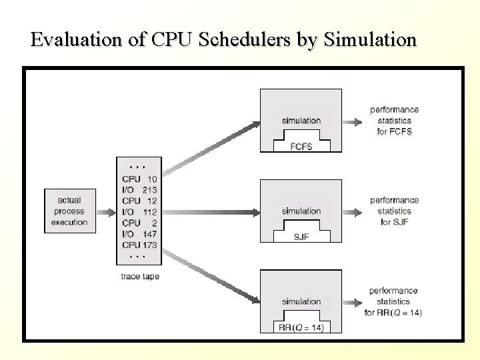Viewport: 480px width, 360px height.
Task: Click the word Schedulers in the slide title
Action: click(242, 39)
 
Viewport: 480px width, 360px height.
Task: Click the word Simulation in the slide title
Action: click(370, 39)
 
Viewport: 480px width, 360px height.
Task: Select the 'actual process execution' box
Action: click(69, 211)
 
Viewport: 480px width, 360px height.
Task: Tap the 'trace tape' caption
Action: click(140, 276)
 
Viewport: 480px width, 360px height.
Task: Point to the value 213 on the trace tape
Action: click(149, 189)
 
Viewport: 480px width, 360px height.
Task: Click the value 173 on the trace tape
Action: click(149, 245)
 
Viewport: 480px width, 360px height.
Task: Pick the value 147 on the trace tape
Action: click(149, 233)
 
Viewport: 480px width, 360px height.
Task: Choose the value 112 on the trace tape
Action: click(149, 211)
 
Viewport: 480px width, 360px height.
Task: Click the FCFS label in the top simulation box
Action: click(301, 146)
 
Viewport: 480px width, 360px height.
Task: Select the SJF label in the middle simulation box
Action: click(301, 237)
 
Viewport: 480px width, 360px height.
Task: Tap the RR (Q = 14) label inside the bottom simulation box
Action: click(301, 327)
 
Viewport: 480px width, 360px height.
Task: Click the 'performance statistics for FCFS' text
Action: click(395, 121)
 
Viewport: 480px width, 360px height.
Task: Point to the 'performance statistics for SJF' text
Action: click(395, 211)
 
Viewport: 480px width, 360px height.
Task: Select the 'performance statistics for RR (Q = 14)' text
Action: click(394, 301)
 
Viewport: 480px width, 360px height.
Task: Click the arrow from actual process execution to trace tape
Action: click(105, 211)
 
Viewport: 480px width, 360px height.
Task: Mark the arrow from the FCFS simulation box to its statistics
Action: click(353, 121)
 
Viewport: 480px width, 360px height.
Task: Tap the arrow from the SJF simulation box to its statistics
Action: click(353, 211)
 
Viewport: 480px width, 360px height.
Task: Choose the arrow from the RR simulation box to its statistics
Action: click(353, 301)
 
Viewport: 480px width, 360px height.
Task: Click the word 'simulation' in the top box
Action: click(301, 121)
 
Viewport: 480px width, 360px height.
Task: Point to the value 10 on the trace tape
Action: click(152, 179)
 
